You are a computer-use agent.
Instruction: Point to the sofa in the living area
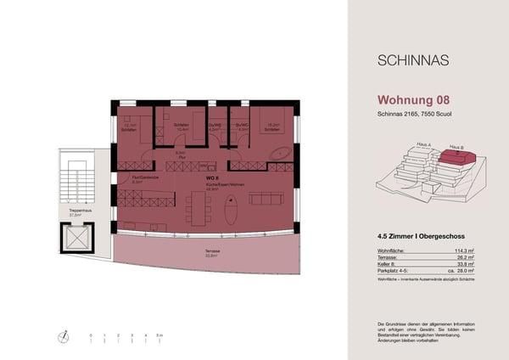pyautogui.click(x=265, y=197)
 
